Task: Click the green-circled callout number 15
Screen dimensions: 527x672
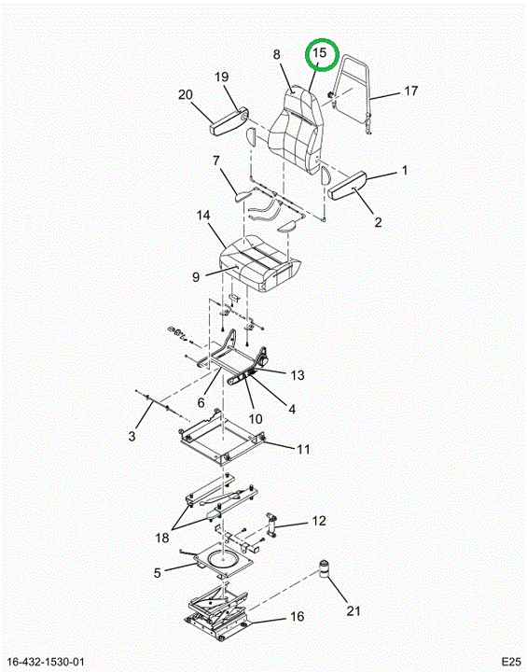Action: tap(320, 53)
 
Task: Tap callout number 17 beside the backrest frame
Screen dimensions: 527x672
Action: tap(410, 91)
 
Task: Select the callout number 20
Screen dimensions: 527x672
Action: tap(186, 94)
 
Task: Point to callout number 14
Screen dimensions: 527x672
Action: tap(203, 216)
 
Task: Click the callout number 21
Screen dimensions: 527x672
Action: tap(354, 610)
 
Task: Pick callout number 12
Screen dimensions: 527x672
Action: tap(319, 521)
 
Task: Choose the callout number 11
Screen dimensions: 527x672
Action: tap(303, 449)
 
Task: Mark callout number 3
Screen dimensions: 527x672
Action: tap(132, 436)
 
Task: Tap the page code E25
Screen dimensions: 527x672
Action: tap(511, 662)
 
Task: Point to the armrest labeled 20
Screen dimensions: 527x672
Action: tap(229, 123)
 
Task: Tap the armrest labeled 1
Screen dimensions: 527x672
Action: tap(347, 185)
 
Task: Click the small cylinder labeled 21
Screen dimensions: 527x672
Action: tap(326, 568)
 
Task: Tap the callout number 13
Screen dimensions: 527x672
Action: tap(297, 375)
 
